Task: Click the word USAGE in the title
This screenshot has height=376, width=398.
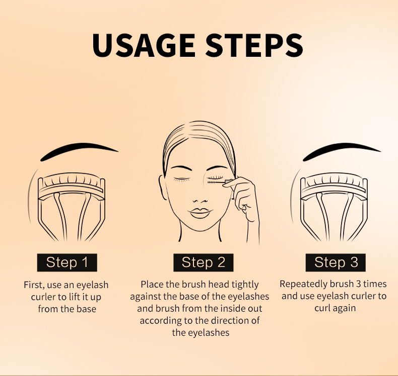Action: pyautogui.click(x=144, y=45)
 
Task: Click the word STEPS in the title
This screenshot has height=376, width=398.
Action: pyautogui.click(x=254, y=45)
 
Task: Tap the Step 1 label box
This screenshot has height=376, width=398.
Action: pyautogui.click(x=67, y=262)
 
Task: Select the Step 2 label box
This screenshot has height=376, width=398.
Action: pyautogui.click(x=204, y=262)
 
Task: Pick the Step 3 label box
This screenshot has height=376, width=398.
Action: pyautogui.click(x=336, y=262)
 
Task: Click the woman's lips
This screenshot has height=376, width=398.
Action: pyautogui.click(x=200, y=213)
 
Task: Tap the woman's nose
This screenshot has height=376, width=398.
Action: pyautogui.click(x=200, y=201)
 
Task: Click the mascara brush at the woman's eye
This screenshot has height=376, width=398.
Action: pyautogui.click(x=217, y=182)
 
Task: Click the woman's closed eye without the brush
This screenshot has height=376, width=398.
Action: pyautogui.click(x=181, y=179)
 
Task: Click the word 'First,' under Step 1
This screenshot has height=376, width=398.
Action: pyautogui.click(x=34, y=285)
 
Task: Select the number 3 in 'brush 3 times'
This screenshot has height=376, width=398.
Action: pyautogui.click(x=358, y=284)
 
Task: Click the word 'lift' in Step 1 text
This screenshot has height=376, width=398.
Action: pyautogui.click(x=73, y=297)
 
